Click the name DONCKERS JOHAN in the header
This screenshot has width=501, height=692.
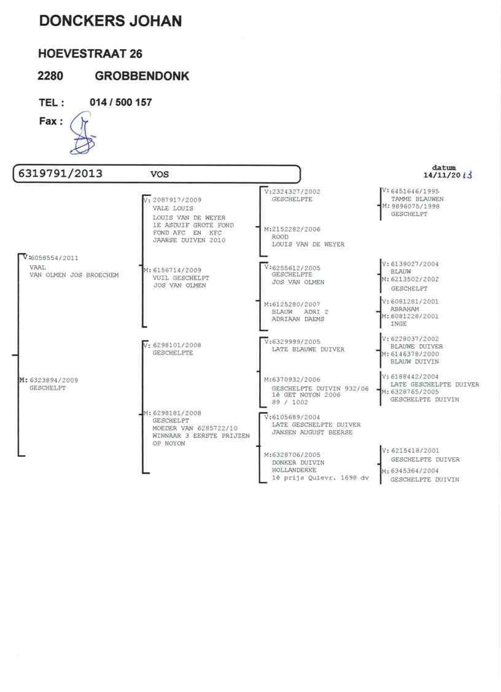[111, 21]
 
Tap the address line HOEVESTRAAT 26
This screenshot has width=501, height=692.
[90, 54]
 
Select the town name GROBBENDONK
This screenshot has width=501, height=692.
[142, 77]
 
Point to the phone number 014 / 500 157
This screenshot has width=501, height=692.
[121, 103]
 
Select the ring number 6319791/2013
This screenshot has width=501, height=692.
[60, 174]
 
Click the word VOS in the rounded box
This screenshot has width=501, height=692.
[160, 174]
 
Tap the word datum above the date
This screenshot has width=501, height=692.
[444, 167]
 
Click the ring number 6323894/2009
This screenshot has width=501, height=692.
[53, 380]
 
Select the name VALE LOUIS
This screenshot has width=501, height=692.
[173, 208]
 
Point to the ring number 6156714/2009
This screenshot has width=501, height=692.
[176, 270]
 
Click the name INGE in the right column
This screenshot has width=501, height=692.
[398, 324]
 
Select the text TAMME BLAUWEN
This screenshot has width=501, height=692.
[417, 199]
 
